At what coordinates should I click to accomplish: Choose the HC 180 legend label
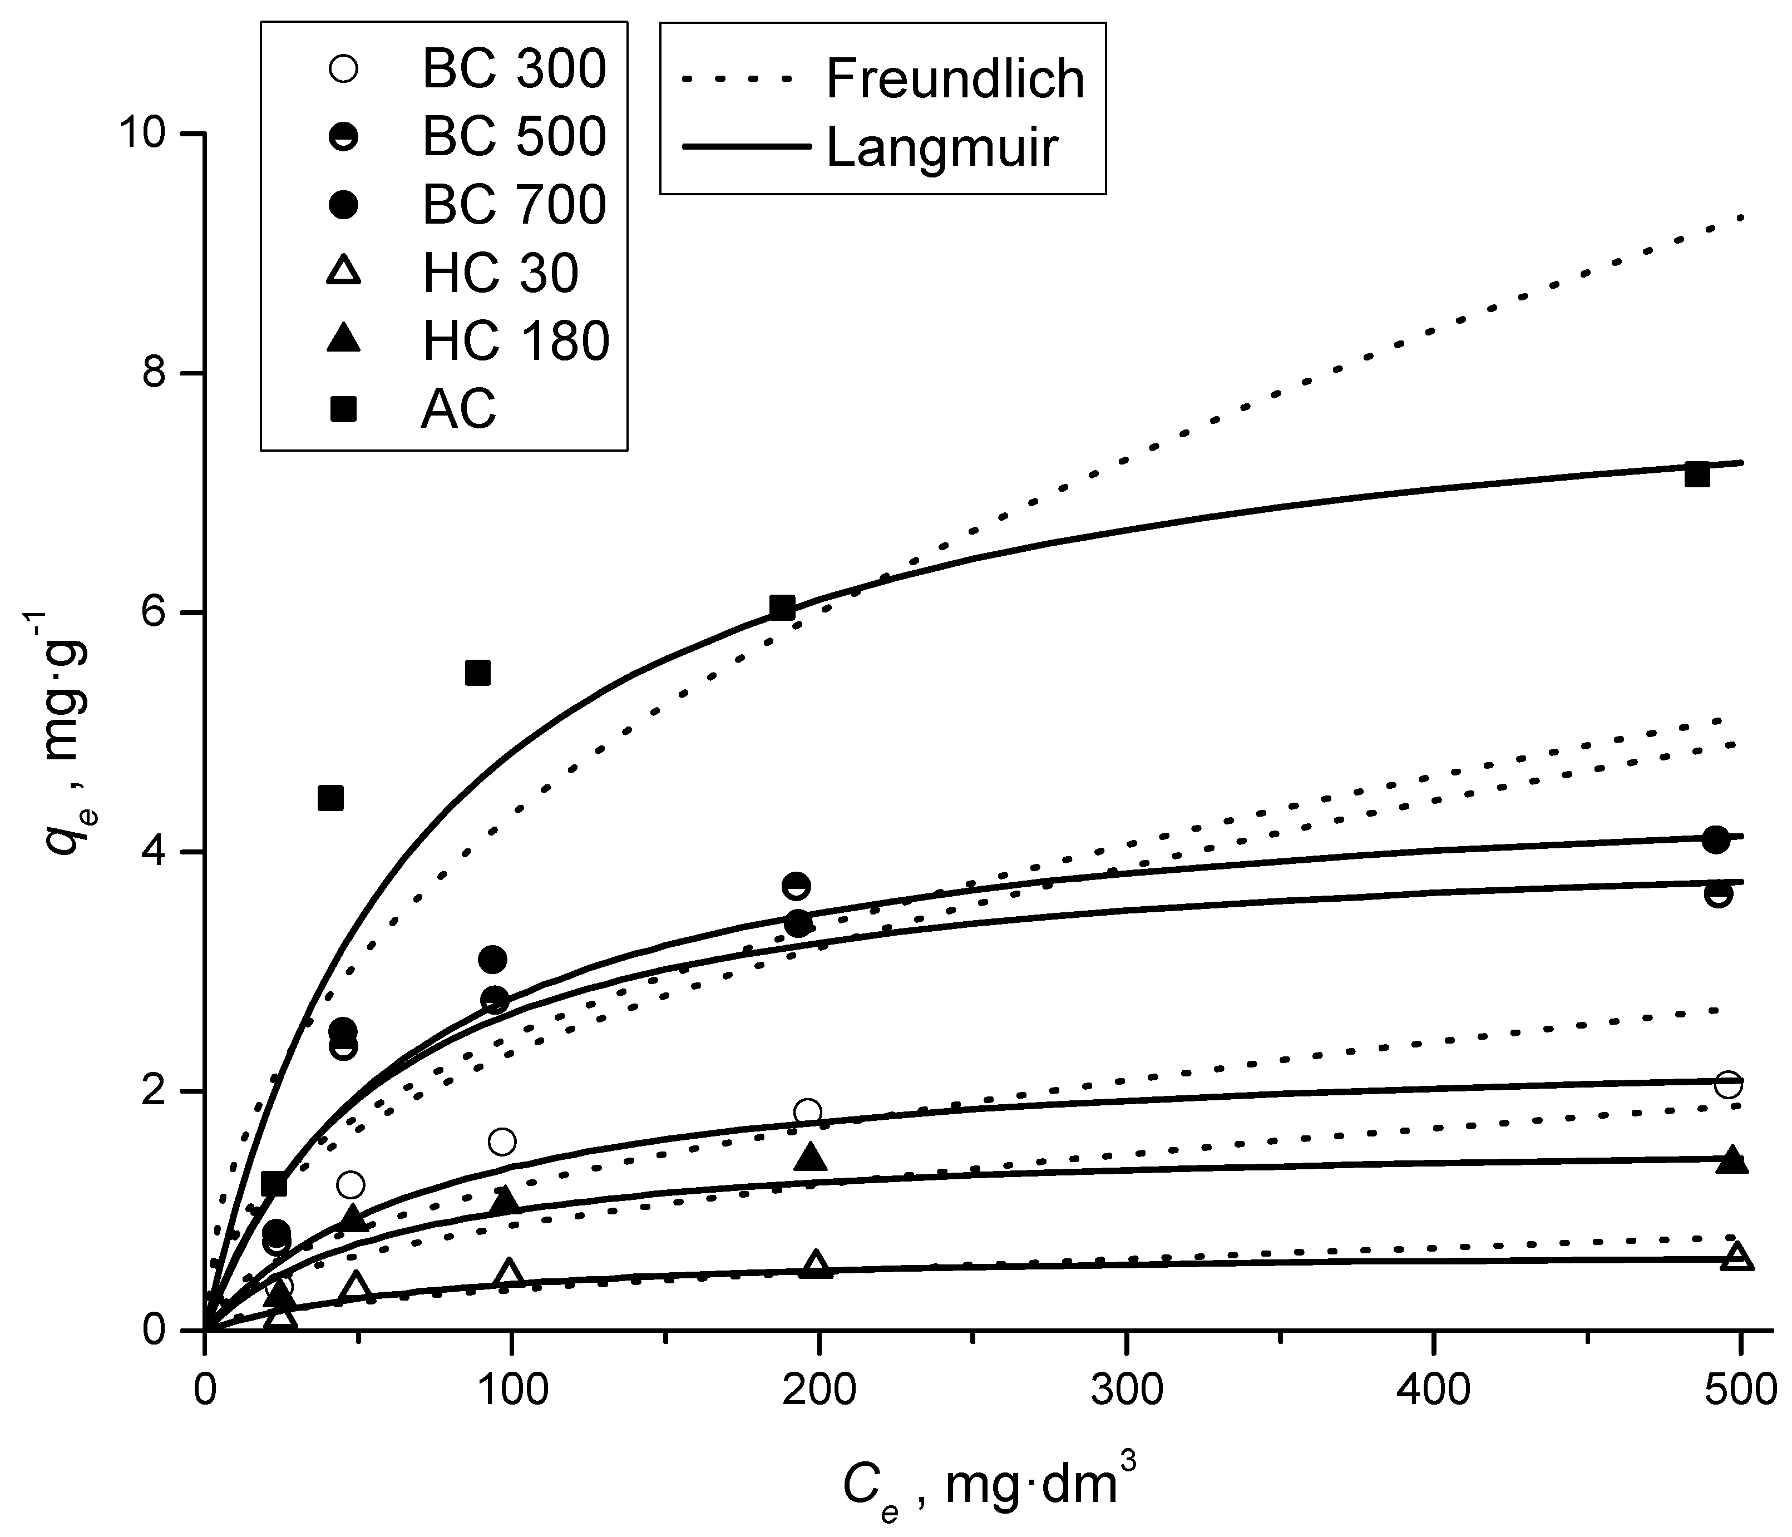(516, 341)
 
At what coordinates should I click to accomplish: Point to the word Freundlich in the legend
(955, 78)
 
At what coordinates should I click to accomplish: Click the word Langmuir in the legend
(942, 147)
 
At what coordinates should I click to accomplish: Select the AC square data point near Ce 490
(1697, 475)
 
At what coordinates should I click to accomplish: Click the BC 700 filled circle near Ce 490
(1716, 839)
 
